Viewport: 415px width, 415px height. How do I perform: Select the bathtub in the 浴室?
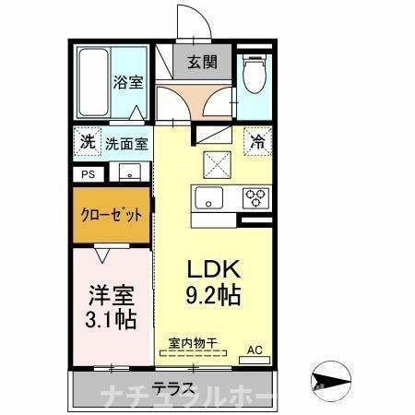tap(91, 84)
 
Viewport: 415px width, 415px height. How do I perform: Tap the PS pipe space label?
tap(89, 172)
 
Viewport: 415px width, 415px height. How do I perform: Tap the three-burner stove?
tap(254, 196)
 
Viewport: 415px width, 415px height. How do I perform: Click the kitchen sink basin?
tap(207, 196)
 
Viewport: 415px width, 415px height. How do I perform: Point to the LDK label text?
tap(215, 270)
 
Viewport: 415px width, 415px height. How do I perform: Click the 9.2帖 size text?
tap(215, 296)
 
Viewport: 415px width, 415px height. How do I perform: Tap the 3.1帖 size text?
tap(112, 320)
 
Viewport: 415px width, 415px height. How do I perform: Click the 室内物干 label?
tap(192, 343)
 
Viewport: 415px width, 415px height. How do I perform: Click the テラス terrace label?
tap(171, 387)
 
